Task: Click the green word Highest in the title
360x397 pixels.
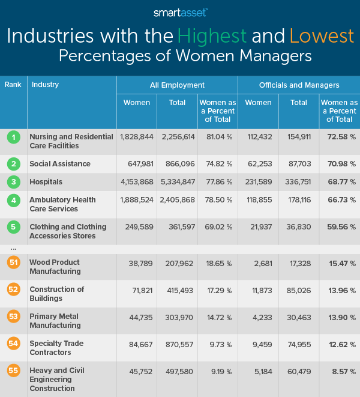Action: coord(221,36)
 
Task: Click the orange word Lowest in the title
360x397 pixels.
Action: coord(321,36)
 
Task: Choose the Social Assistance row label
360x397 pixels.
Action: coord(60,163)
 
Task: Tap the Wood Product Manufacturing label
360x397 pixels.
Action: coord(55,267)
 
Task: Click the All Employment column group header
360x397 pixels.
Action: coord(177,85)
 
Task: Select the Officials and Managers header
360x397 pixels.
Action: coord(298,85)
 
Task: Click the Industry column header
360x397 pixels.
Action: coord(45,85)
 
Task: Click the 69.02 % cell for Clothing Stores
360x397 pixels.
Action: coord(217,227)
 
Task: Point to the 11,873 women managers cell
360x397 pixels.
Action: coord(259,289)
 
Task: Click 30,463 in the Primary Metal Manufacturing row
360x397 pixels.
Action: coord(299,317)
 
